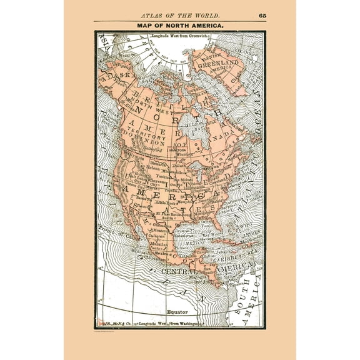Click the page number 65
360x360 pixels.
[261, 14]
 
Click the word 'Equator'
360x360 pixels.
[177, 309]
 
